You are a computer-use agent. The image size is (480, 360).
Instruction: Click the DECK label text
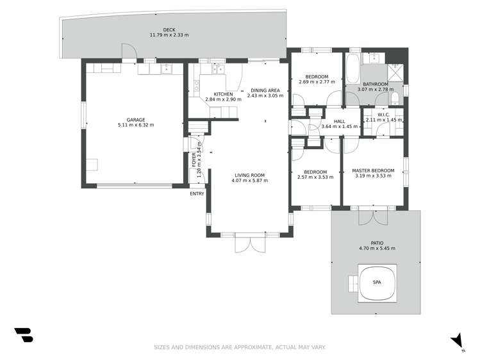tap(169, 29)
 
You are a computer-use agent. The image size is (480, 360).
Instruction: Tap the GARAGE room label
tap(135, 119)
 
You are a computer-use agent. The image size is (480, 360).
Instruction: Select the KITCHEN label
tap(214, 94)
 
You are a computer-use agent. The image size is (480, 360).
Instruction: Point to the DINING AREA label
tap(265, 90)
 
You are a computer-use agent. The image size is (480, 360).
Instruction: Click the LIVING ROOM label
tap(249, 175)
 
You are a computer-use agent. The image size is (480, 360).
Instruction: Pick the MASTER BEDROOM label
tap(373, 171)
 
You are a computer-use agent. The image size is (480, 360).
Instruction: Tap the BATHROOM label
tap(376, 85)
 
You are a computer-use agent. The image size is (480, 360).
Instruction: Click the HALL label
tap(340, 121)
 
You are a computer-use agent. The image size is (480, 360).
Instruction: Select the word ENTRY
tap(197, 194)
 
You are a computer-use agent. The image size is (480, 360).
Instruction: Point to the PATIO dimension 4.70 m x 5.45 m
tap(377, 249)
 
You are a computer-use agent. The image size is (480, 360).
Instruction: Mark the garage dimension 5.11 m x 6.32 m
tap(135, 125)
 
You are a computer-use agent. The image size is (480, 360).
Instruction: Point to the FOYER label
tap(194, 159)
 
